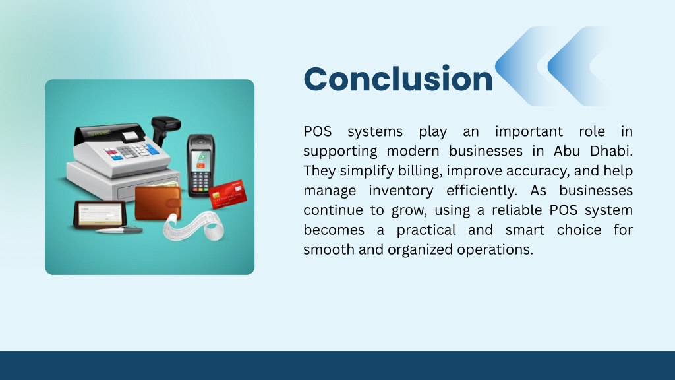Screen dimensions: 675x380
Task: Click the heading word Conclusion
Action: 397,79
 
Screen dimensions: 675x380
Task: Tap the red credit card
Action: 227,195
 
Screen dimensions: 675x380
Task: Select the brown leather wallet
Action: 158,203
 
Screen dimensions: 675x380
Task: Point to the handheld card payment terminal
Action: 200,166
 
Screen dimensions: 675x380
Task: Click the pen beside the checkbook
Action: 119,230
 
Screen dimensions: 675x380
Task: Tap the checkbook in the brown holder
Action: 100,214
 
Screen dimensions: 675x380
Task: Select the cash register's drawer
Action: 147,189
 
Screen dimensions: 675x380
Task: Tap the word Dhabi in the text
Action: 611,151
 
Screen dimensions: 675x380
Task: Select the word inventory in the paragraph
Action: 401,191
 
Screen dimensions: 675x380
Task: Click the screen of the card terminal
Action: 200,160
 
